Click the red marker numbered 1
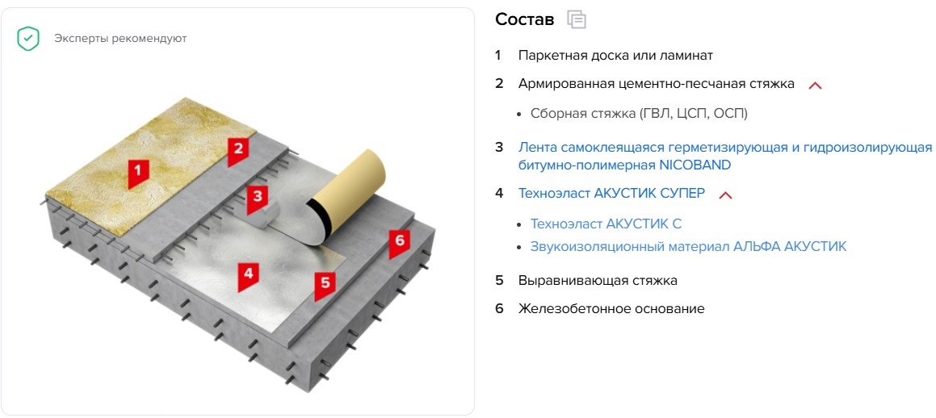coord(138,173)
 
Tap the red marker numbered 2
coord(237,150)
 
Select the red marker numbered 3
coord(258,198)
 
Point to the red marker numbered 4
coord(248,276)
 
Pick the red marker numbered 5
coord(325,286)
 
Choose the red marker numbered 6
coord(399,243)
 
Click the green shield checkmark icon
coord(28,39)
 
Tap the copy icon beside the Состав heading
coord(577,19)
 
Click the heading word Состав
coord(525,19)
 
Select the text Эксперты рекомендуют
coord(120,39)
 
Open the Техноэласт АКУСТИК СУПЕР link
coord(612,193)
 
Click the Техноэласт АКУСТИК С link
coord(606,224)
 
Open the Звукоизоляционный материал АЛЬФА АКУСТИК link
coord(688,246)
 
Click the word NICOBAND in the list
coord(695,165)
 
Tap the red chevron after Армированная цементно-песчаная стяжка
coord(815,86)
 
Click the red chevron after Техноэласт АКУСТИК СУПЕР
coord(725,195)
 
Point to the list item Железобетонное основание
coord(611,309)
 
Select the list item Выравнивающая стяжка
coord(598,280)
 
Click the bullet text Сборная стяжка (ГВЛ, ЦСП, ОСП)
coord(639,114)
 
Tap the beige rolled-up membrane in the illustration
coord(343,194)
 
